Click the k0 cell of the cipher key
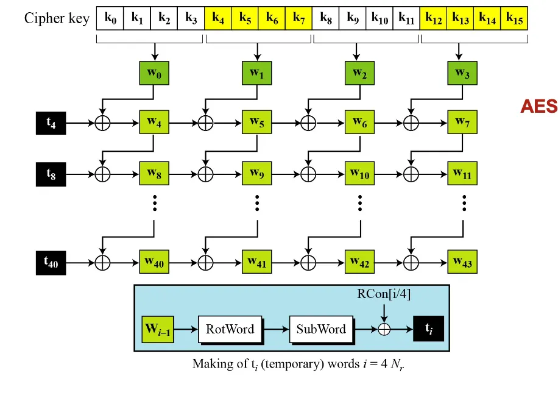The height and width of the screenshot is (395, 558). point(110,18)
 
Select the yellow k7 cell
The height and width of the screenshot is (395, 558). point(298,18)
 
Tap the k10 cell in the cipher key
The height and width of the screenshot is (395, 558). point(379,18)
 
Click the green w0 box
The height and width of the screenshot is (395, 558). point(154,74)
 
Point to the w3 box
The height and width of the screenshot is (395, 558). point(462,74)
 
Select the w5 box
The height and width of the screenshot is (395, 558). point(256,123)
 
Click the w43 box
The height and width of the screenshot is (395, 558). point(462,262)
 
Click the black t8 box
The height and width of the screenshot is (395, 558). point(51,174)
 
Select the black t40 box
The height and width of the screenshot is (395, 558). point(51,262)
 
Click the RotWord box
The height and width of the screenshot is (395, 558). point(230,330)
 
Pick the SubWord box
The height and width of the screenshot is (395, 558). point(320,330)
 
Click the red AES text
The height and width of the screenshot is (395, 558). point(539,107)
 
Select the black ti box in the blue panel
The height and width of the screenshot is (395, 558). point(428,329)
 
